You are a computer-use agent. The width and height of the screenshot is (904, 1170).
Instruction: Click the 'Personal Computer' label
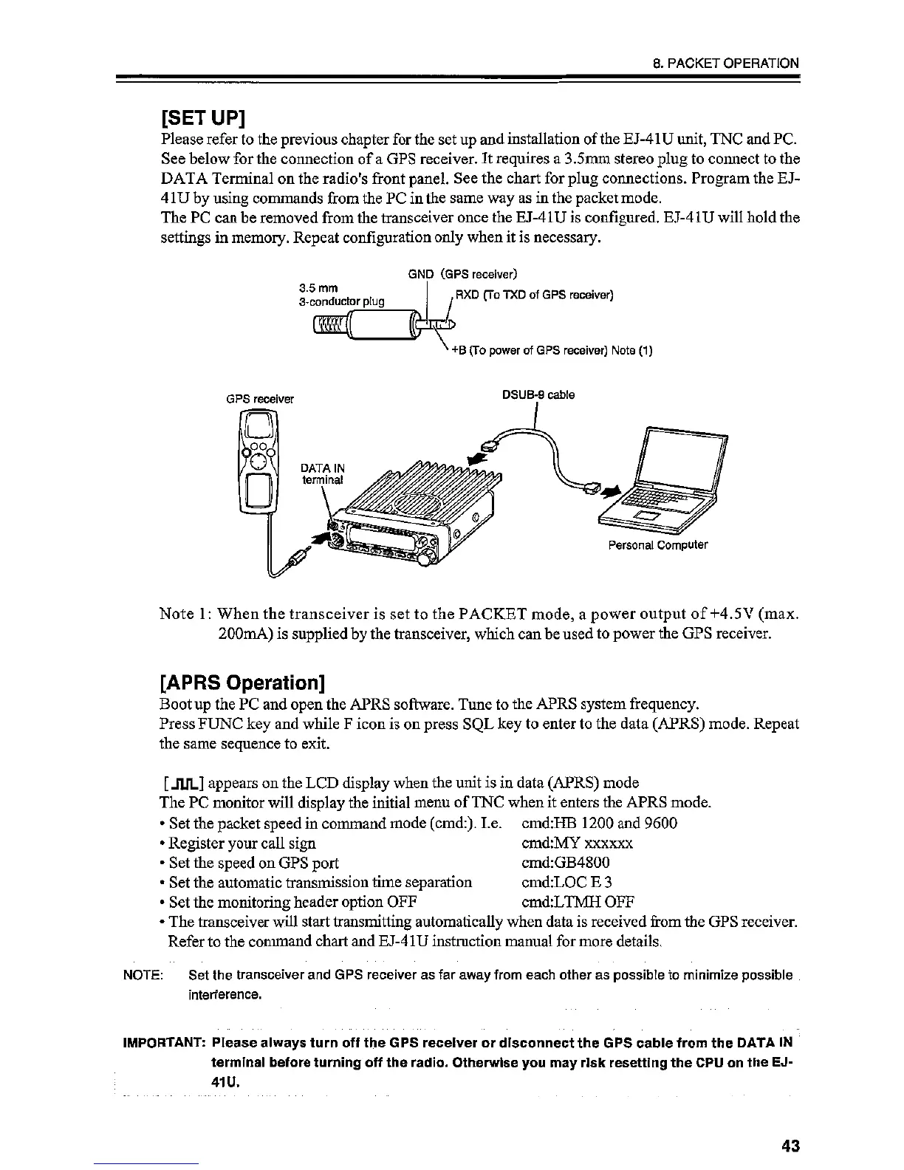coord(657,545)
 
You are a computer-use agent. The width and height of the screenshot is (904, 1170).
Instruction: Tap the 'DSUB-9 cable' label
coord(538,394)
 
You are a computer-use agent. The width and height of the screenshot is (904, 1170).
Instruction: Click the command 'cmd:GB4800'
coord(565,863)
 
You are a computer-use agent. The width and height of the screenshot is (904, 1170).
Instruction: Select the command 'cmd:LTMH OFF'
coord(578,901)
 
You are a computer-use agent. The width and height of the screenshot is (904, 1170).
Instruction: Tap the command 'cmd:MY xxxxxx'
coord(577,844)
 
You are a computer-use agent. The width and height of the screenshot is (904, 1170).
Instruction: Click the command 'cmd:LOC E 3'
coord(566,882)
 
